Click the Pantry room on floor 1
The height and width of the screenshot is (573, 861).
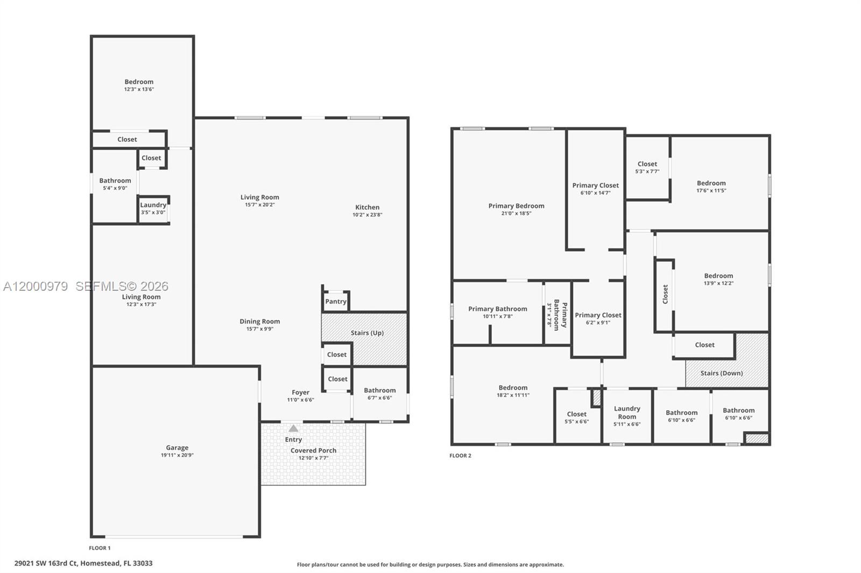[x=336, y=302]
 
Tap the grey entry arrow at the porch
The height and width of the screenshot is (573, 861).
[x=293, y=428]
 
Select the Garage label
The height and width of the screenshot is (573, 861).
[x=177, y=447]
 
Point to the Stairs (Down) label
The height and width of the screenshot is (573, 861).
[x=721, y=373]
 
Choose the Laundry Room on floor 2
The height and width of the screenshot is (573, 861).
[x=627, y=416]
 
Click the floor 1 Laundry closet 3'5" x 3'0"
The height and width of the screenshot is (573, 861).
[x=153, y=209]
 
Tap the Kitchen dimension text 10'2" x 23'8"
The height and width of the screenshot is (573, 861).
[x=367, y=215]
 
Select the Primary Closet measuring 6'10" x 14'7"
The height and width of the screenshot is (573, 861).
[x=595, y=189]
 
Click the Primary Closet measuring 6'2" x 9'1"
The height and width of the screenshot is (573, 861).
[x=598, y=319]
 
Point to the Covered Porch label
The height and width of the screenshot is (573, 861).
[x=313, y=450]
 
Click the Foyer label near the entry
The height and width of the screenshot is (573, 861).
[x=300, y=392]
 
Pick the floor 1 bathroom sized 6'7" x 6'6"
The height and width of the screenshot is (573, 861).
[x=379, y=394]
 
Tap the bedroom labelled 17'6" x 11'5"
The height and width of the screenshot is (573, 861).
[x=711, y=187]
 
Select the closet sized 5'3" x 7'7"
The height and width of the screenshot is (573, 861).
[x=647, y=167]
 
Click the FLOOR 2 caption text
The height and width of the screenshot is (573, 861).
[x=460, y=456]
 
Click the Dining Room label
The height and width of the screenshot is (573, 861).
[x=259, y=321]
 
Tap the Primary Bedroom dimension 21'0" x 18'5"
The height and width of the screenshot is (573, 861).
[x=516, y=213]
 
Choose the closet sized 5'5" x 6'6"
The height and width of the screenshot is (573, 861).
[x=576, y=418]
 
